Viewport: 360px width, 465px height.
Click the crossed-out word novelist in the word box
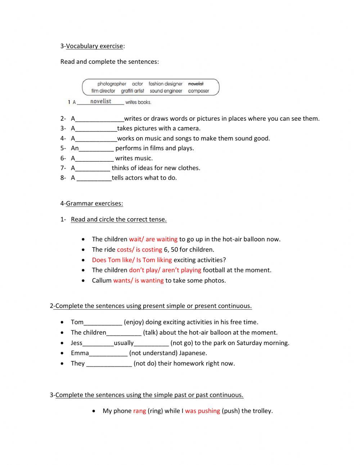point(196,84)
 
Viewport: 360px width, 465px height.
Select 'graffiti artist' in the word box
point(132,91)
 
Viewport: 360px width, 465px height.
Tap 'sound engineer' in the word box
point(166,91)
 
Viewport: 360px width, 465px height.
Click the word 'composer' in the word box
point(198,91)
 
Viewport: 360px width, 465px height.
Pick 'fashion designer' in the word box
point(165,84)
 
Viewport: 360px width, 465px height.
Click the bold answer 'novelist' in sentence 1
point(101,102)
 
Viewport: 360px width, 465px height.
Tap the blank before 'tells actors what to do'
point(94,178)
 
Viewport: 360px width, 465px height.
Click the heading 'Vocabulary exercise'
point(94,46)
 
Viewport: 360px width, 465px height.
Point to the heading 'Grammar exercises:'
point(94,204)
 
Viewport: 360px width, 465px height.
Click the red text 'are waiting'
point(162,239)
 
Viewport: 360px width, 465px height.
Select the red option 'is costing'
point(149,250)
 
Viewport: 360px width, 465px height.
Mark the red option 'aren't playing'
point(181,270)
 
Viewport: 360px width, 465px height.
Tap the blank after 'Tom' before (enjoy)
point(103,322)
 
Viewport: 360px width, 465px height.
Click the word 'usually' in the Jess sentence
point(123,343)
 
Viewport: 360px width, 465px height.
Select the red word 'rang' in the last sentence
point(139,411)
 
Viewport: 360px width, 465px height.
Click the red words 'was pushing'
point(202,411)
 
